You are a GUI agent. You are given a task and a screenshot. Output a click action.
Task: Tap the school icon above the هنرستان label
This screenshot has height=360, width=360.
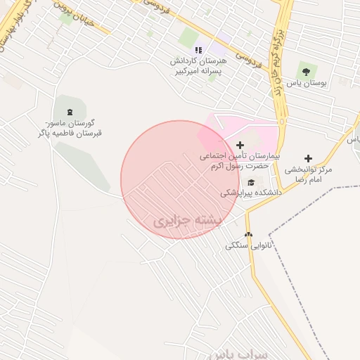(198, 50)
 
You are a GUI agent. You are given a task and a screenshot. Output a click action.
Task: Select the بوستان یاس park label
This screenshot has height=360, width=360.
(307, 84)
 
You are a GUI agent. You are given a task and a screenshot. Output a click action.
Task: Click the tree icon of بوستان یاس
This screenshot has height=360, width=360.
(306, 71)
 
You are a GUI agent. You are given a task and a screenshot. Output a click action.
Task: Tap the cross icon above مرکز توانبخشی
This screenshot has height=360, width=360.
(308, 158)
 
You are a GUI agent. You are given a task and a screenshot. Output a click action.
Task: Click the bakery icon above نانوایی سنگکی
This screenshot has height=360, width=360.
(247, 234)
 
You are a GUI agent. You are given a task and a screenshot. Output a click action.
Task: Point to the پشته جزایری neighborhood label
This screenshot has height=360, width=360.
(187, 221)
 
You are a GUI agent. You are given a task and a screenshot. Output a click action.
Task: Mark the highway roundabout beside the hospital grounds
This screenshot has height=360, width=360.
(283, 122)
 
